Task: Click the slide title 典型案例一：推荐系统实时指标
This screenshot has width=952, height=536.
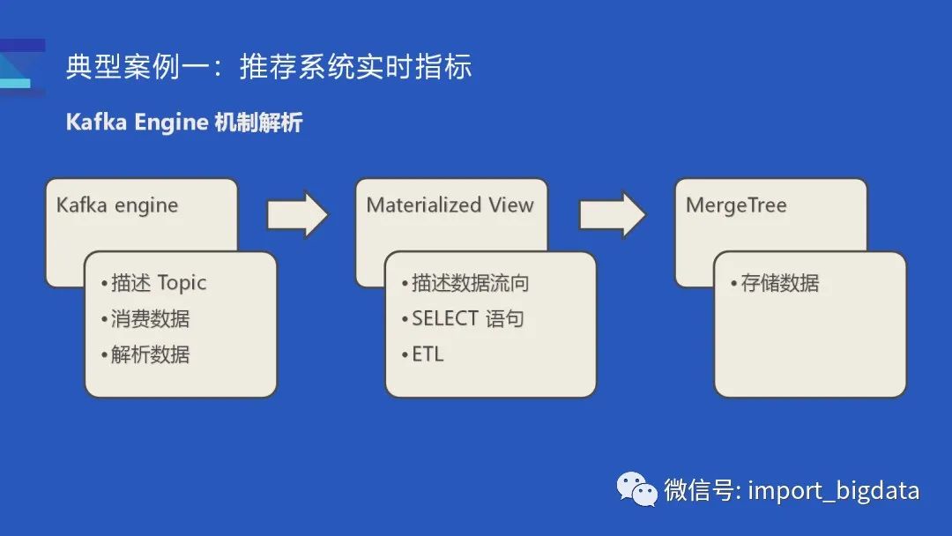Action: [269, 67]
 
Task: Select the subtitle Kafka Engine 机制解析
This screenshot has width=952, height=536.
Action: [184, 122]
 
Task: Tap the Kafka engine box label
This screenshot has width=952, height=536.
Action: [117, 205]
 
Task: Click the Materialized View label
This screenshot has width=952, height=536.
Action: [450, 205]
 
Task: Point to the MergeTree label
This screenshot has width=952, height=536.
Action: [736, 205]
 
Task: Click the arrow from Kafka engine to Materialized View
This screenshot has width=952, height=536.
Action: [297, 214]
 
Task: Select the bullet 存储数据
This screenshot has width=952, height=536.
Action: [775, 283]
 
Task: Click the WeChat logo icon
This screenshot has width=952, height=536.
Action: [636, 488]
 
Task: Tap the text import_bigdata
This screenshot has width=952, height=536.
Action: [833, 490]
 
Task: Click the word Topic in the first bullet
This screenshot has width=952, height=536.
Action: [182, 283]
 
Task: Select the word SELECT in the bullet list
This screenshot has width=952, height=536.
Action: [444, 318]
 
